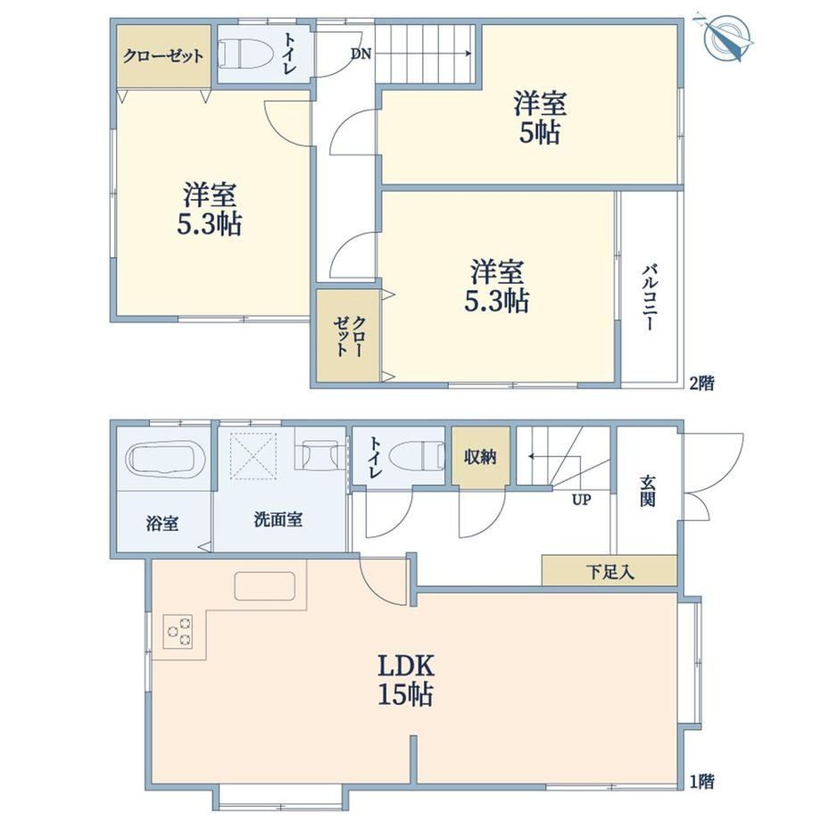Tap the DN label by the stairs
coord(361,54)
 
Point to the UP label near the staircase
coord(581,500)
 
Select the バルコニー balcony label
coord(651,298)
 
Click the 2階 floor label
coord(701,383)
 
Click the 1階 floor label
coord(701,782)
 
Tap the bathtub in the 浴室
coord(164,460)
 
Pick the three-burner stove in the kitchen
coord(178,632)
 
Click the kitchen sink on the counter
coord(264,586)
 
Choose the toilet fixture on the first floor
coord(419,457)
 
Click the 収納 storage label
coord(480,457)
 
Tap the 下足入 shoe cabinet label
coord(610,571)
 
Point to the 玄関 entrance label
coord(648,491)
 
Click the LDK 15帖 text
coord(406,681)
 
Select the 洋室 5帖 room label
coord(540,117)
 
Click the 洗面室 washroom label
coord(278,520)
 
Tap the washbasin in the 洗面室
coord(319,454)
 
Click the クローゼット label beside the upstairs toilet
coord(163,55)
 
